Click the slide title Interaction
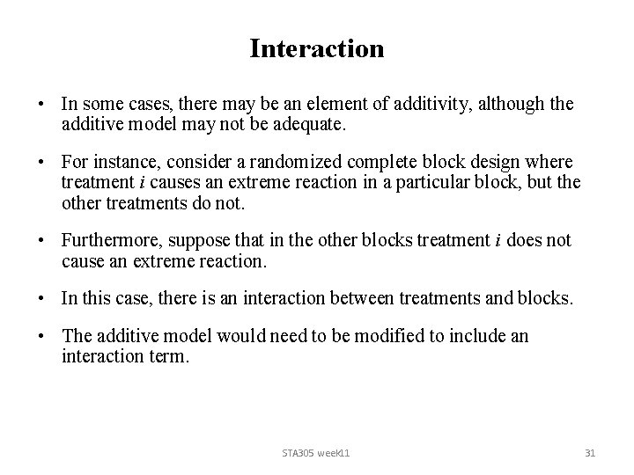click(x=317, y=48)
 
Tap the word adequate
click(x=312, y=126)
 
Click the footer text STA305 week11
click(x=316, y=452)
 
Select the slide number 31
click(x=590, y=452)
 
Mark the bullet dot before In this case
click(x=42, y=299)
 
